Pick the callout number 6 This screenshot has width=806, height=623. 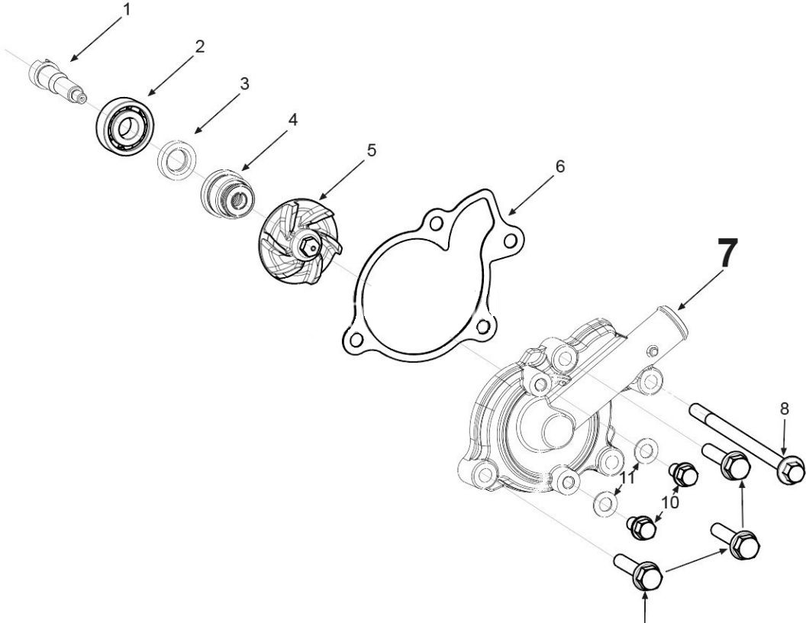[559, 167]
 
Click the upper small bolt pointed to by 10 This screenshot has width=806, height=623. [684, 475]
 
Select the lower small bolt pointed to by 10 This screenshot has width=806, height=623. [640, 526]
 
